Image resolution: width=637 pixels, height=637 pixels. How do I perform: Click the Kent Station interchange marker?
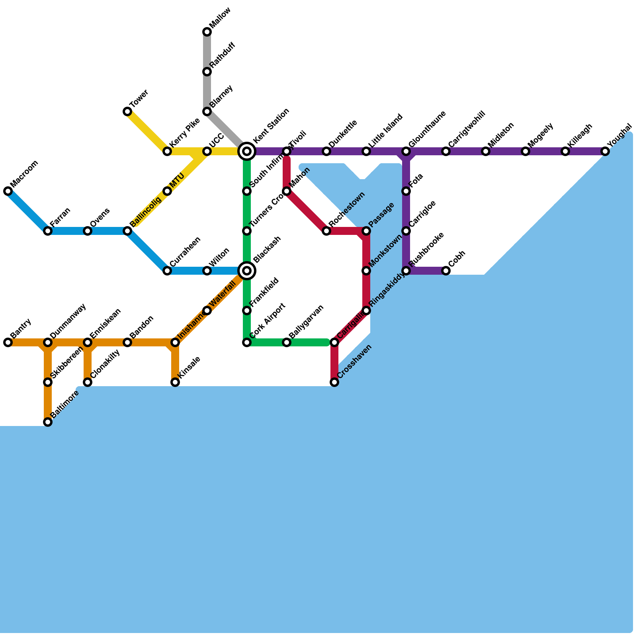click(247, 151)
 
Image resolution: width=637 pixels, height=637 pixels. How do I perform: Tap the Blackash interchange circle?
click(247, 271)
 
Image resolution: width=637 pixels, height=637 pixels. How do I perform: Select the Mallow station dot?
click(207, 32)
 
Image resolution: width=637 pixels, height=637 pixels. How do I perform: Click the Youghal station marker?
click(605, 151)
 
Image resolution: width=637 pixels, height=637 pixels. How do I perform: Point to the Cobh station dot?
click(446, 271)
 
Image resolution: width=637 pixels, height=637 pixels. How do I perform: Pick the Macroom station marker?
click(8, 191)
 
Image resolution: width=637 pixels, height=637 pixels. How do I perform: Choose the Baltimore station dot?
click(48, 422)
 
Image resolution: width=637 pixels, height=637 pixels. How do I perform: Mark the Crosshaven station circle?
click(334, 382)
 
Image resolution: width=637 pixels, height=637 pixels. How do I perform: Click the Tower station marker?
click(127, 111)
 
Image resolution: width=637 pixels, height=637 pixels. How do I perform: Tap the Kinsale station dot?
click(175, 382)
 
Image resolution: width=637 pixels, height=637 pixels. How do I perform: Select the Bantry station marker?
click(8, 342)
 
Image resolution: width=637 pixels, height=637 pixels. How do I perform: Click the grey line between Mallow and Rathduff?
click(207, 52)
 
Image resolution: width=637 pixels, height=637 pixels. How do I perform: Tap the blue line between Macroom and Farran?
click(28, 211)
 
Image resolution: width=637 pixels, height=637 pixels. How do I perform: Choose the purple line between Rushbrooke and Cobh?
click(426, 271)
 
